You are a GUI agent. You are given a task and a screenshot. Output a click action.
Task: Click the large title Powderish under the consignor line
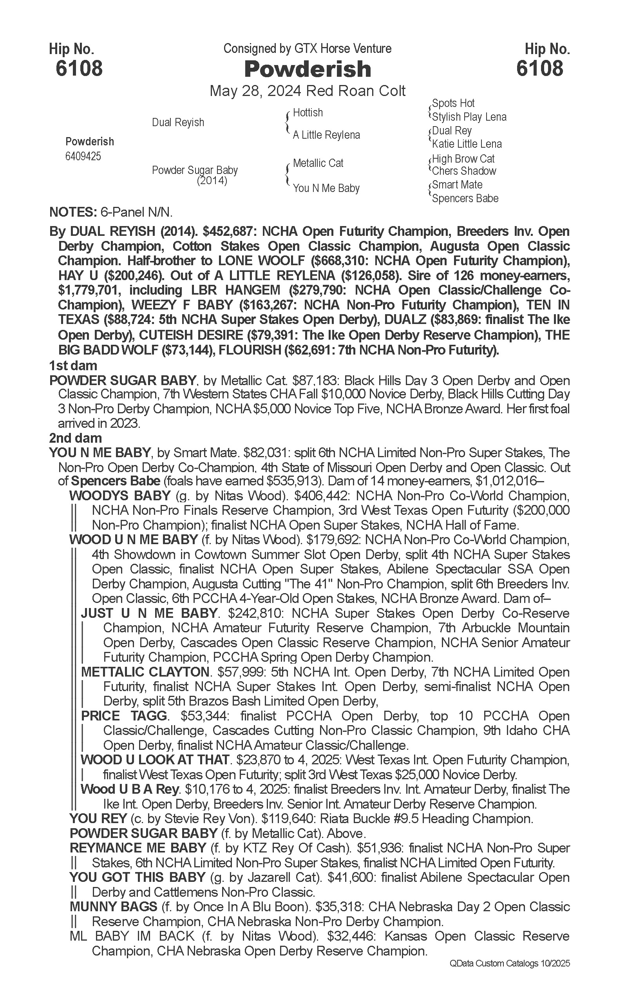pos(307,69)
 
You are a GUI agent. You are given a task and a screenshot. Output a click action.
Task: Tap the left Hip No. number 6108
pos(79,68)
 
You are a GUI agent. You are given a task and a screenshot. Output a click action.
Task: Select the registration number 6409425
pos(83,157)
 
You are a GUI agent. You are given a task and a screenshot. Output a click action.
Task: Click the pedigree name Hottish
pos(308,113)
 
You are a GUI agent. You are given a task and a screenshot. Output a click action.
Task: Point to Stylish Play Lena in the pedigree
pos(469,117)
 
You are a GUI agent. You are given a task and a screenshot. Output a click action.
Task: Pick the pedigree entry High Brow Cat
pos(463,159)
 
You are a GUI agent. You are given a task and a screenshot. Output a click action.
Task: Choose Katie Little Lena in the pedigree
pos(467,144)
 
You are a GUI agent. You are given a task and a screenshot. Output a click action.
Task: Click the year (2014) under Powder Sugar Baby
pos(212,181)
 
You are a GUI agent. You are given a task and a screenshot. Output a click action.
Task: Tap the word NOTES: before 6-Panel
pos(72,212)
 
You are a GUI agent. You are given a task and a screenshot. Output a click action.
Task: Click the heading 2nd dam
pos(75,438)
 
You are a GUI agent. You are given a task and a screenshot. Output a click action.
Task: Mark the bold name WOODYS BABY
pos(119,496)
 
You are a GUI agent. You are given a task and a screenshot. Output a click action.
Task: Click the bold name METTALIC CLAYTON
pos(145,672)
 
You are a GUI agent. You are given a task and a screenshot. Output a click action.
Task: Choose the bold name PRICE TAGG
pos(125,716)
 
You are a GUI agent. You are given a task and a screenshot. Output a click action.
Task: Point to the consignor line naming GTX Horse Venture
pos(307,49)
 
